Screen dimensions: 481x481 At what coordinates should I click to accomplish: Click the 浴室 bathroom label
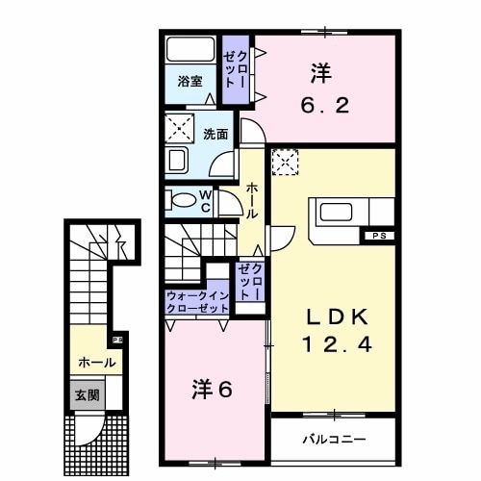pos(190,83)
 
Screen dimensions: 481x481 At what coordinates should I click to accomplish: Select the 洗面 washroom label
pos(215,135)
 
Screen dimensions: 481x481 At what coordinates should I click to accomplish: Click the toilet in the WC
pos(183,200)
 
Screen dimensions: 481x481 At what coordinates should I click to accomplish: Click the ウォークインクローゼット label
pos(196,302)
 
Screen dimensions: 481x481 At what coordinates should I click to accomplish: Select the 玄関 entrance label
pos(87,393)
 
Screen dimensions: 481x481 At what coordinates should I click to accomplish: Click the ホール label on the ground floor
pos(98,363)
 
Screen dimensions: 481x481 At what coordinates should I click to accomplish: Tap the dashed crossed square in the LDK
pos(286,164)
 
